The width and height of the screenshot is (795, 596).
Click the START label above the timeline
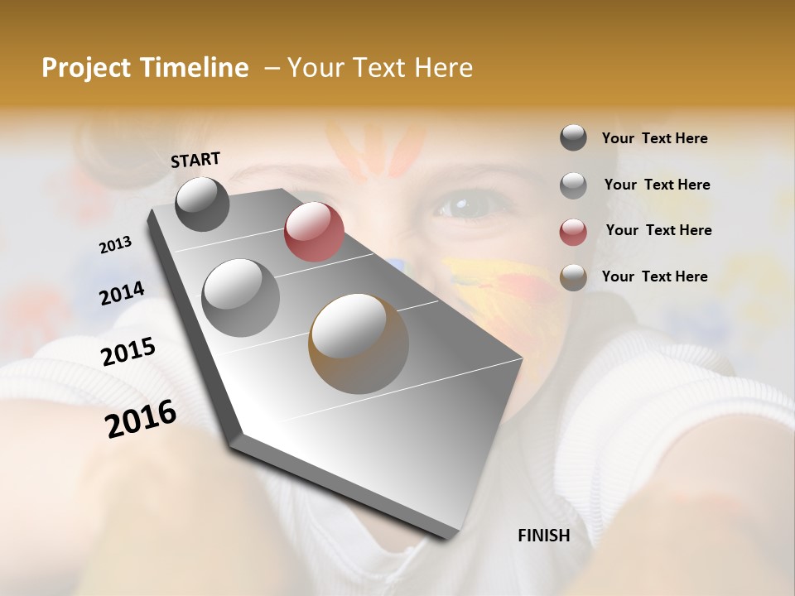(195, 160)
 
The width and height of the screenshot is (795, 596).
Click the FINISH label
(543, 536)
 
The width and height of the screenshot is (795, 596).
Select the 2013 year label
(116, 245)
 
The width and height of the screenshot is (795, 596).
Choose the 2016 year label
(141, 419)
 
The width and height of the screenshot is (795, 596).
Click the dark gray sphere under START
(202, 204)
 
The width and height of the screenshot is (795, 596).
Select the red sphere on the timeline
(314, 232)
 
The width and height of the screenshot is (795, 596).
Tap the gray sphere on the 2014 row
(240, 297)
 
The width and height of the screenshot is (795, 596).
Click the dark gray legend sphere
(573, 138)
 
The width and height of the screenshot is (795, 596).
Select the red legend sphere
(573, 231)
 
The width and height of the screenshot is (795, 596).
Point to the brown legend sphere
(573, 277)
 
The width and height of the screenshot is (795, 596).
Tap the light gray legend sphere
(573, 185)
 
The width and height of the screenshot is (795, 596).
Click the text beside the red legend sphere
(658, 230)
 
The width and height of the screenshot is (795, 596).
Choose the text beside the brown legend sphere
(654, 276)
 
